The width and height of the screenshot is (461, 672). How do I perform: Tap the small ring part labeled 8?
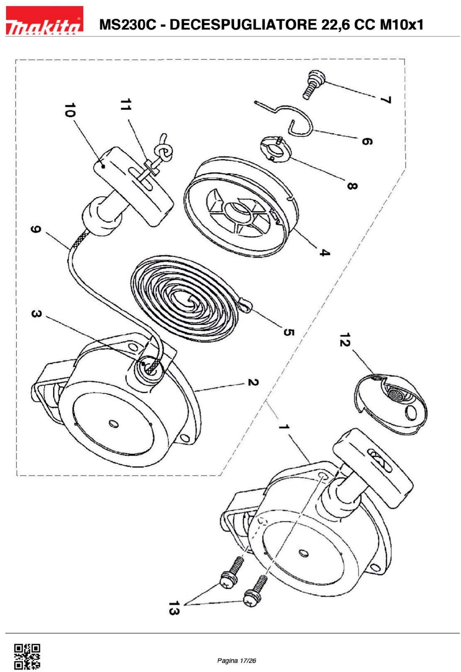pos(277,150)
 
